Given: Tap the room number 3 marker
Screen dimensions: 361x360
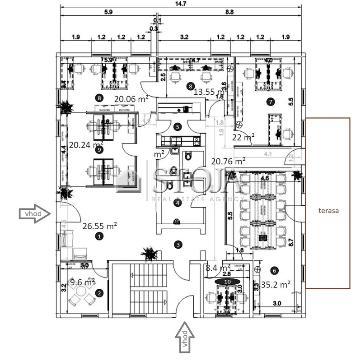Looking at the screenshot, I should (x=178, y=244).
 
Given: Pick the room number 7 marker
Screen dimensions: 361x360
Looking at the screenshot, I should (x=271, y=102).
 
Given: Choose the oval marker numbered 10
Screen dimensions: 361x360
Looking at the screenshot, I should (x=227, y=281).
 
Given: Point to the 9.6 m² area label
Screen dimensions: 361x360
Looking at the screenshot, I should (x=82, y=283).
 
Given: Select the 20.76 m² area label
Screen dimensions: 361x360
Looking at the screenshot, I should (x=228, y=160).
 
